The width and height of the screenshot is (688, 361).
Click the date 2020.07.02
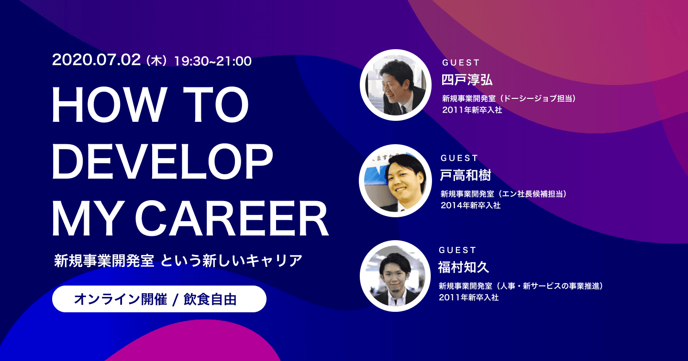(x=97, y=60)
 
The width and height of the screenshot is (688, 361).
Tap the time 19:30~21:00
(x=213, y=61)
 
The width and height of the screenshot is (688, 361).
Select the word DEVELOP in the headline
(x=163, y=161)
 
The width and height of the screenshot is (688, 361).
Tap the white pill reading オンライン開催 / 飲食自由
(x=159, y=299)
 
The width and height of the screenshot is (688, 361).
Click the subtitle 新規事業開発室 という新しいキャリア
(x=178, y=261)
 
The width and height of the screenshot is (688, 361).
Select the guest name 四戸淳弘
(x=467, y=80)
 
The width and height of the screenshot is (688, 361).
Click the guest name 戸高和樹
(x=466, y=175)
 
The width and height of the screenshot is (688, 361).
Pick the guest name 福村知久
(x=464, y=267)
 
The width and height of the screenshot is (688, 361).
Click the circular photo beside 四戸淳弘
(x=396, y=85)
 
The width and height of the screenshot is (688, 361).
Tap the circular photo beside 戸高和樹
(x=395, y=181)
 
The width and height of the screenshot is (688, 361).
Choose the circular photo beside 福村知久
(x=395, y=276)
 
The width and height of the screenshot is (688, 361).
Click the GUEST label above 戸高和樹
(x=459, y=158)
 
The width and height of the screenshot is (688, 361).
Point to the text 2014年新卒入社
(x=470, y=205)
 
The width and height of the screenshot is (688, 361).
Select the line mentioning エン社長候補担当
(x=504, y=194)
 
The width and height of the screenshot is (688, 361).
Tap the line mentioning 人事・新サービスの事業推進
(x=521, y=286)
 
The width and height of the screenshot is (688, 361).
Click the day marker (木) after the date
(x=156, y=61)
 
